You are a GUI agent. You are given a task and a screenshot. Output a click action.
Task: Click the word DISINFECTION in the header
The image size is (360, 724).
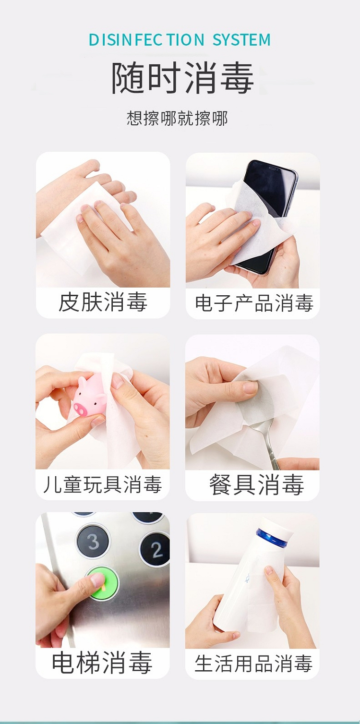(146, 40)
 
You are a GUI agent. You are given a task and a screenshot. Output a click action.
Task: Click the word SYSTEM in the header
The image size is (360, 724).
(241, 40)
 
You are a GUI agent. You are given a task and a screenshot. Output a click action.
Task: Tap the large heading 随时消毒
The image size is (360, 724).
(182, 79)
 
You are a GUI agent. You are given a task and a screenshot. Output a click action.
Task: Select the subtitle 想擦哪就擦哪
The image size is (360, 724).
(177, 118)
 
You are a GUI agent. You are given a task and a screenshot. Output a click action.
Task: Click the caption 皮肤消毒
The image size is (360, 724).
(103, 302)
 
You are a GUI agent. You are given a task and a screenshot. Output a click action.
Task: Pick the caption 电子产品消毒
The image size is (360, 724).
(254, 303)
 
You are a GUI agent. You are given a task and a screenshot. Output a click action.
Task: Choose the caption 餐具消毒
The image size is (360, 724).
(256, 484)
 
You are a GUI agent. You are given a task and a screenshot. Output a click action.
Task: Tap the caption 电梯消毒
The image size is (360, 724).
(102, 663)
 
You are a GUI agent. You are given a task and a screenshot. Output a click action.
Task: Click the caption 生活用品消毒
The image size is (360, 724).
(253, 664)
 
